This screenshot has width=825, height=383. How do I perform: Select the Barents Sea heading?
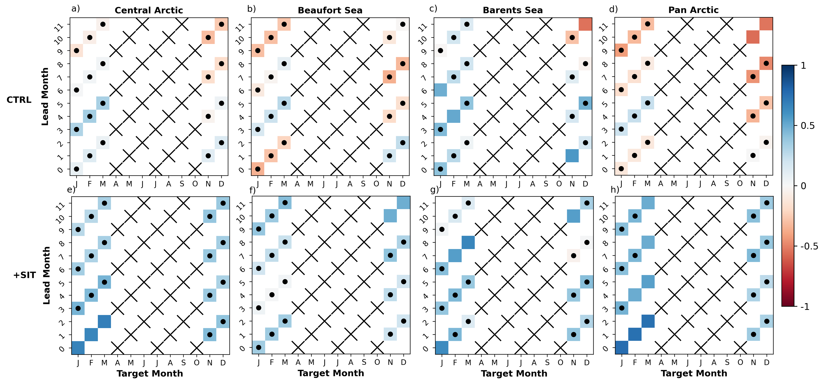512,10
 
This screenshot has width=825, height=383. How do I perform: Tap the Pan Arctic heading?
693,10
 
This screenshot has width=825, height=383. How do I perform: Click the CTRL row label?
19,100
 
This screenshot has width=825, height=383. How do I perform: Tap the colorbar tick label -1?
805,307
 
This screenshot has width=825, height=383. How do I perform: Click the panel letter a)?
76,9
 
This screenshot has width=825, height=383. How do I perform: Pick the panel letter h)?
615,190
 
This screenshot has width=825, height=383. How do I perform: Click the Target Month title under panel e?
150,373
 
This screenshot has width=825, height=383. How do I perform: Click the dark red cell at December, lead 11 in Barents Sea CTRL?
585,24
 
